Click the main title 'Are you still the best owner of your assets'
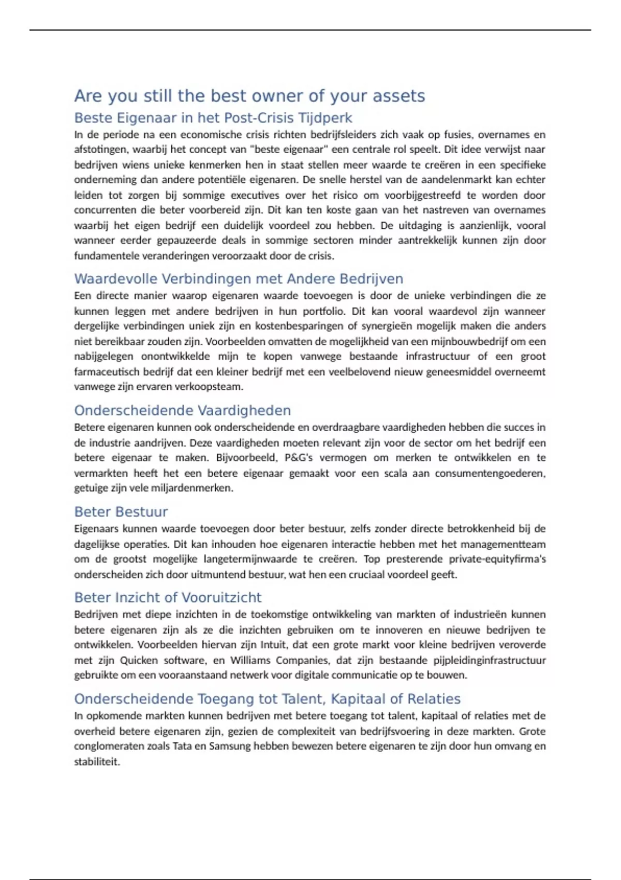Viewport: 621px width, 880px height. (249, 96)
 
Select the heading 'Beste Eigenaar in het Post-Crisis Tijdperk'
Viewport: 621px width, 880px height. (213, 118)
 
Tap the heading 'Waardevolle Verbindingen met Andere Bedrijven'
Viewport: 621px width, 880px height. (238, 279)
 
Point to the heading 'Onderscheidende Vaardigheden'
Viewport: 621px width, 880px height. (182, 410)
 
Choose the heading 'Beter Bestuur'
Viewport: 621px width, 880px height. (121, 512)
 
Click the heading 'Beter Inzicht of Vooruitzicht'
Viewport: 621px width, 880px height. (168, 598)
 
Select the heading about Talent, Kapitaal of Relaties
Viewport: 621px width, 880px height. (267, 699)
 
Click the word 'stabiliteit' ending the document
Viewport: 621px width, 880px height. (96, 762)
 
